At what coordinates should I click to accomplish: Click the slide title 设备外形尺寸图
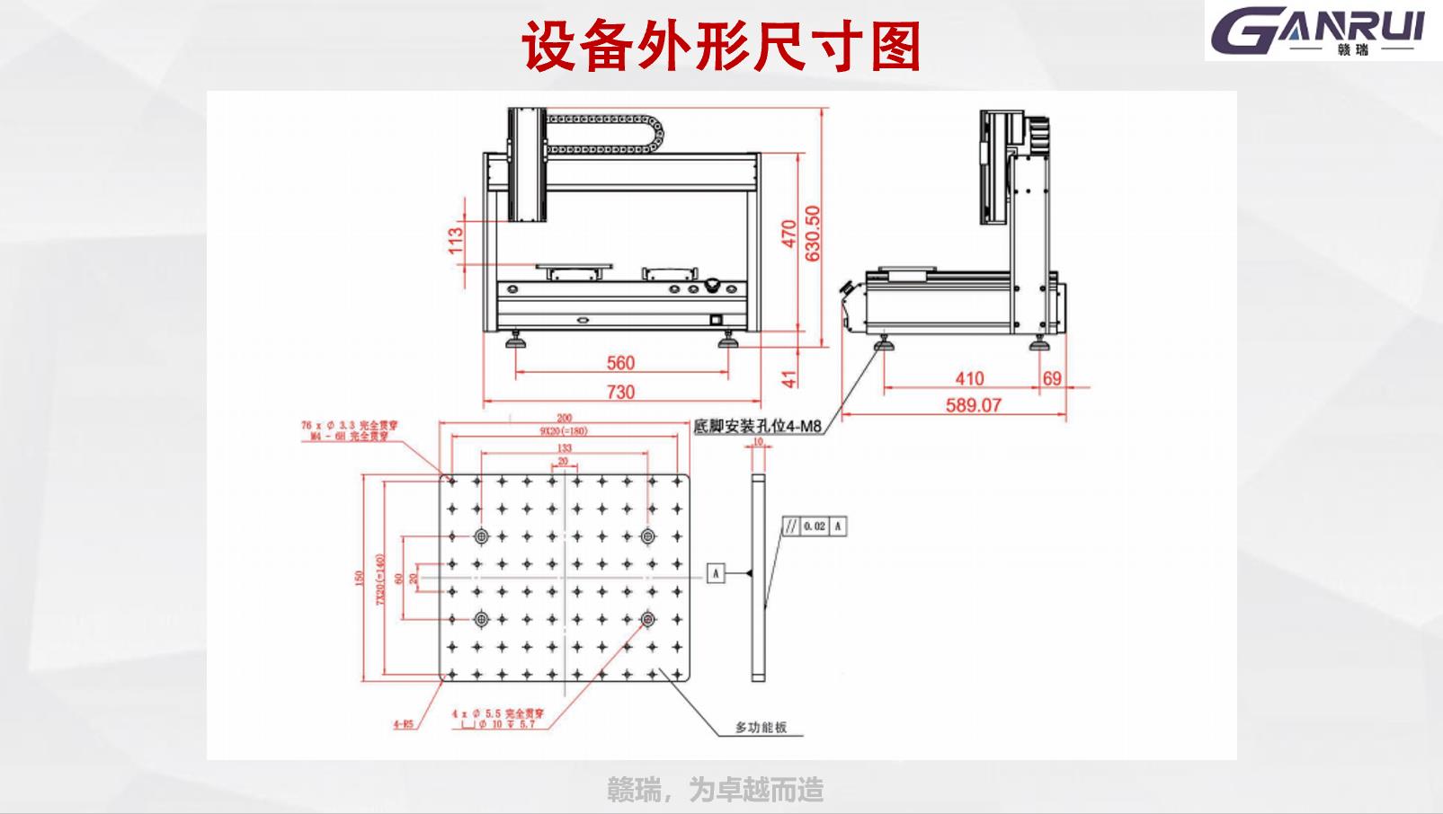721,46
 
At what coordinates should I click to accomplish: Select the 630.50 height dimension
813,233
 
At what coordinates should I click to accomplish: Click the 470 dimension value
788,233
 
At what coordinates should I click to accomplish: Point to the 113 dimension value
455,240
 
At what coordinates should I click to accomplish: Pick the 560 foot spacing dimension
620,363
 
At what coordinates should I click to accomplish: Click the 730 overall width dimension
620,392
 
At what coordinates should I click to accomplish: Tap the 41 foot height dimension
788,378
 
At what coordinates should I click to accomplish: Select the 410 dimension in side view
968,378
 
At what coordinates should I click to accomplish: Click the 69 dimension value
1052,378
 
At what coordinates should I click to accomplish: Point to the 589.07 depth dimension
973,405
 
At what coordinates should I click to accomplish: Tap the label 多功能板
761,727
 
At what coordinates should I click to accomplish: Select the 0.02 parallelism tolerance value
814,526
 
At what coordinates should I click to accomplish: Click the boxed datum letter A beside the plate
716,572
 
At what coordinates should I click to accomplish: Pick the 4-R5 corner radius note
403,722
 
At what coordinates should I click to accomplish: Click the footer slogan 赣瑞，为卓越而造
715,790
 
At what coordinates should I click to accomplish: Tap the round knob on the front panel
711,287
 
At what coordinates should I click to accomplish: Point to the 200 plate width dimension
564,418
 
